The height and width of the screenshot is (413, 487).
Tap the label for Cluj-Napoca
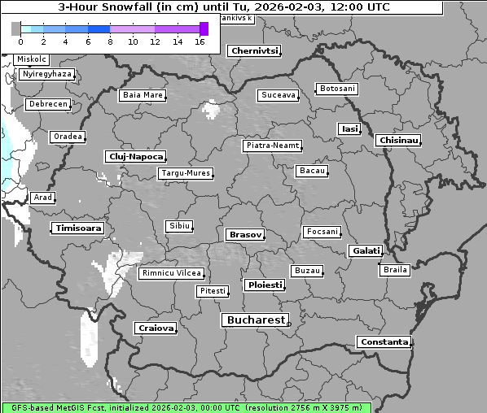coord(135,156)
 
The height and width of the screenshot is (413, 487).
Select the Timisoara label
coord(78,228)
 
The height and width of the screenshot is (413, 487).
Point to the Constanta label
coord(384,342)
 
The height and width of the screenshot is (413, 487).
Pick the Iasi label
coord(349,128)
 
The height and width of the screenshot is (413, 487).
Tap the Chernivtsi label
coord(254,50)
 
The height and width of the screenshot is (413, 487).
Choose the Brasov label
coord(245,234)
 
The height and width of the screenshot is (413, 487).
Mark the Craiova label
coord(155,328)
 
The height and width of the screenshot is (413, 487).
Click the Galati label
coord(366,250)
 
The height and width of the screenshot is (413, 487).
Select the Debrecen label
coord(48,104)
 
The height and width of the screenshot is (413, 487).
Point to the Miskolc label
coord(32,59)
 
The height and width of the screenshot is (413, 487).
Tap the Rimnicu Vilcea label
coord(171,273)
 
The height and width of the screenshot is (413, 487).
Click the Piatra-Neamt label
coord(273,146)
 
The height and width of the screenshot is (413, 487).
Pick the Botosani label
coord(336,88)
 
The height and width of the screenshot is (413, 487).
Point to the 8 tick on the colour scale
coord(110,41)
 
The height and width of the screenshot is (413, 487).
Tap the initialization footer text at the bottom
coord(186,406)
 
